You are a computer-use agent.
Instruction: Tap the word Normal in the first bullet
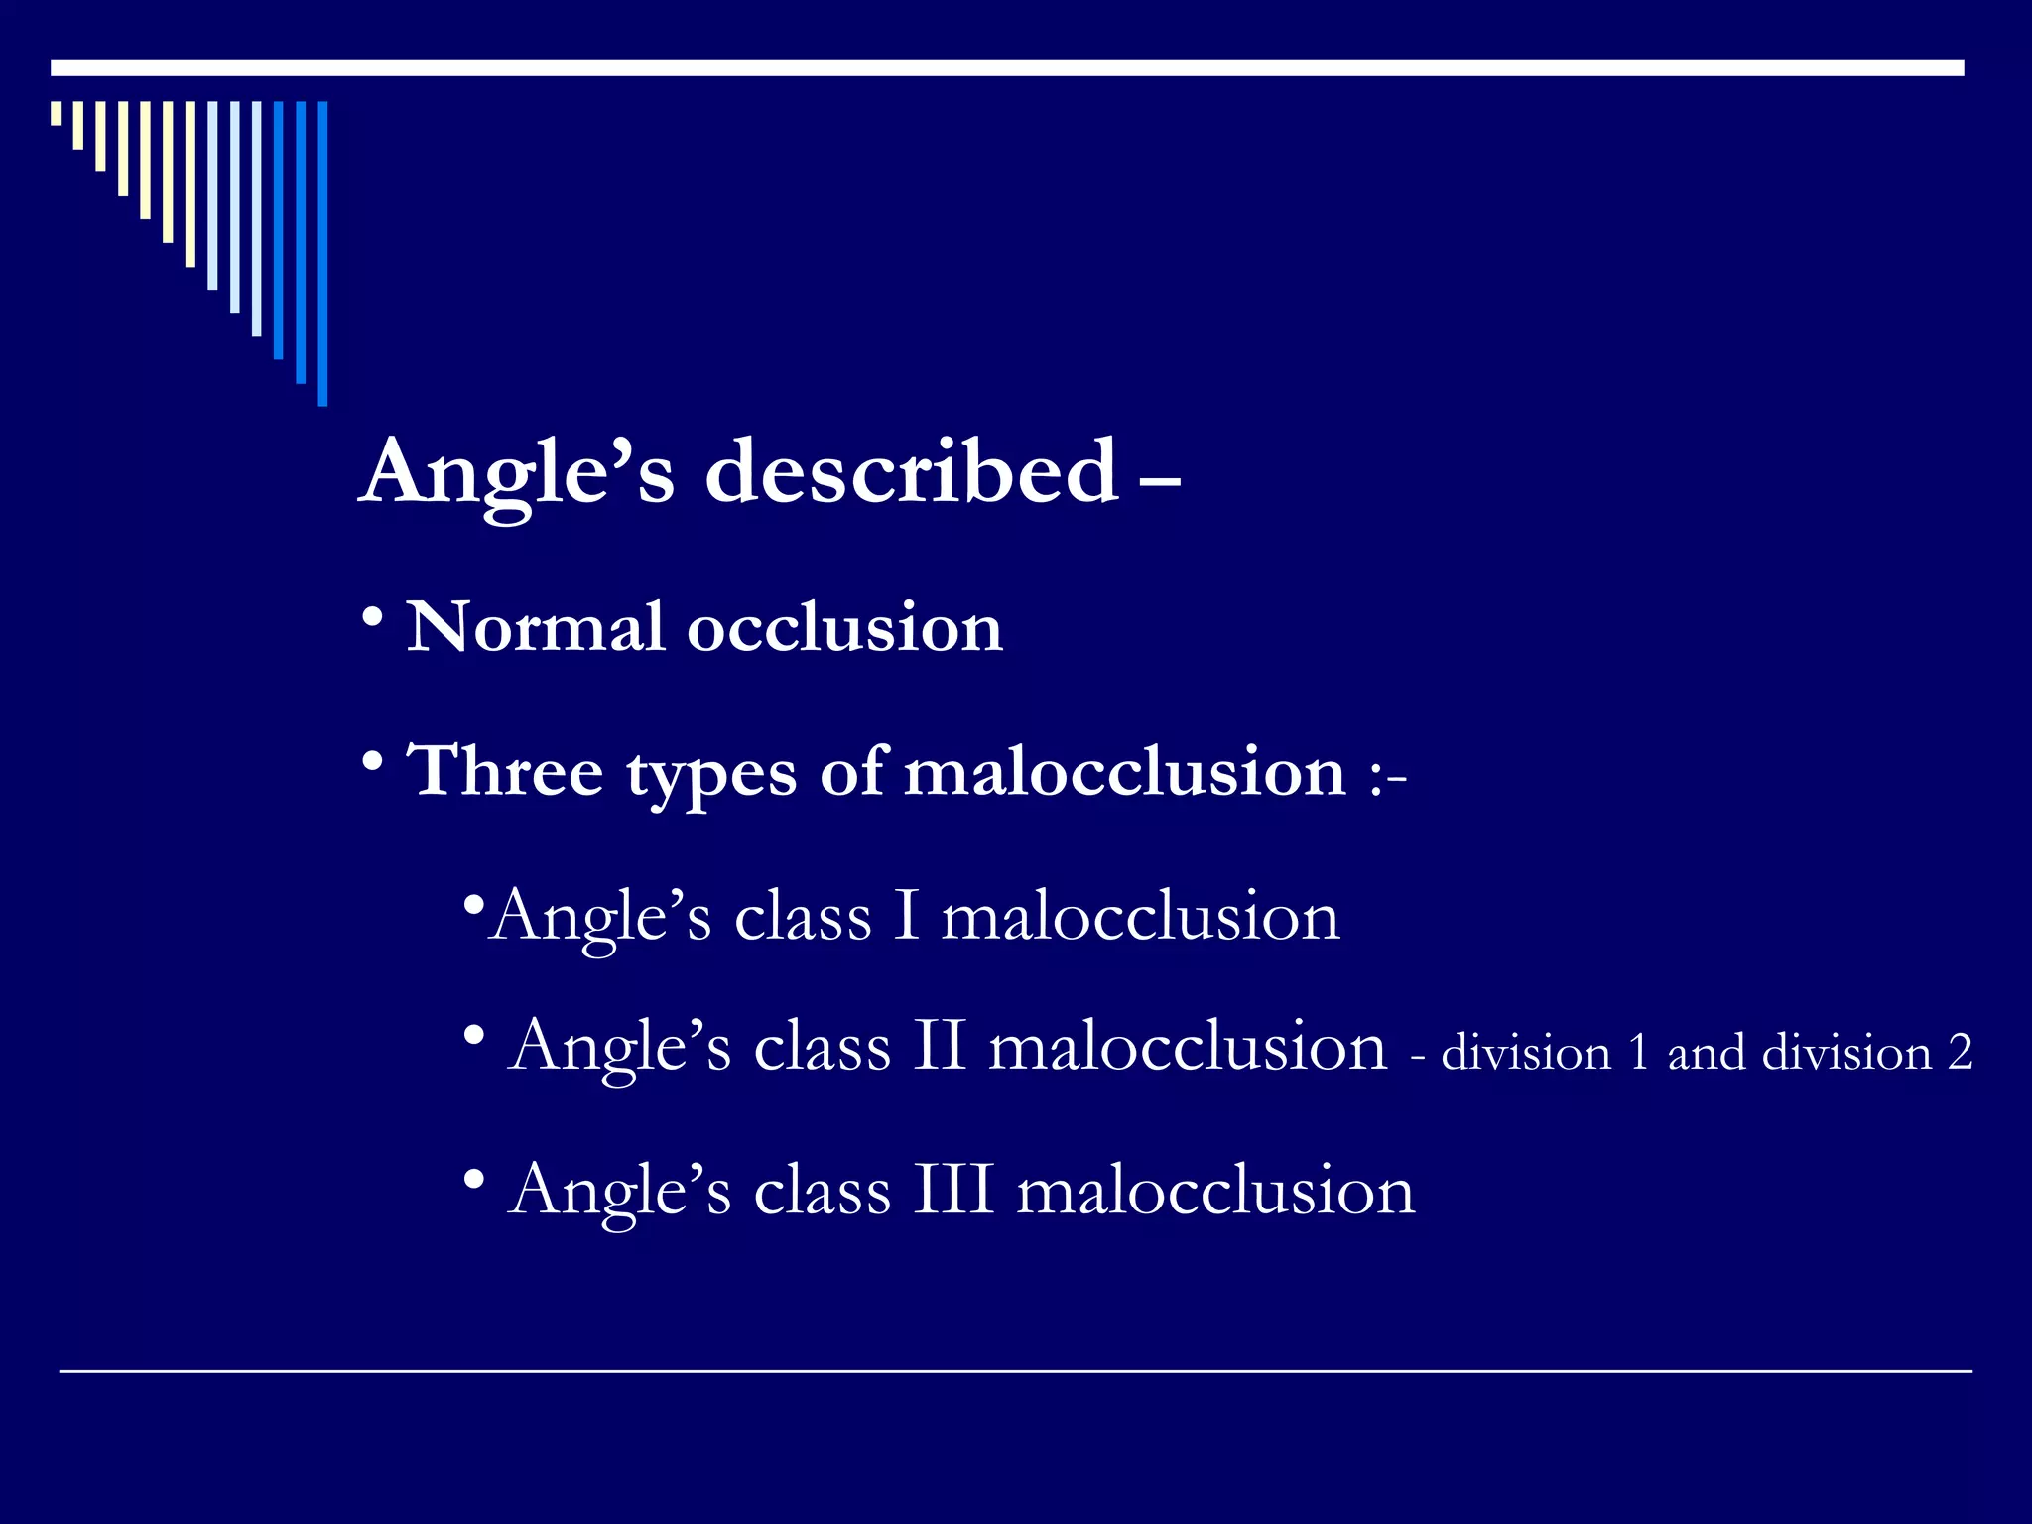point(535,627)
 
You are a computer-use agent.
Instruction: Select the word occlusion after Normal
point(844,627)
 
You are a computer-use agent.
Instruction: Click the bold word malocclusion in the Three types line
point(1124,771)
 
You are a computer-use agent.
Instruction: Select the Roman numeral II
point(939,1046)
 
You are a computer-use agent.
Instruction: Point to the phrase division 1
point(1544,1053)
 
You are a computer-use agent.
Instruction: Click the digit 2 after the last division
point(1960,1053)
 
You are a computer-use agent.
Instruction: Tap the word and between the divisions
point(1705,1053)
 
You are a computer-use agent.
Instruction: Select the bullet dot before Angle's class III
point(474,1181)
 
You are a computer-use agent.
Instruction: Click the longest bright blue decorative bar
point(322,253)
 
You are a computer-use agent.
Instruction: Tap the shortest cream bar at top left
point(57,113)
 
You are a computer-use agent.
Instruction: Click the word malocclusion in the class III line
point(1215,1190)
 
